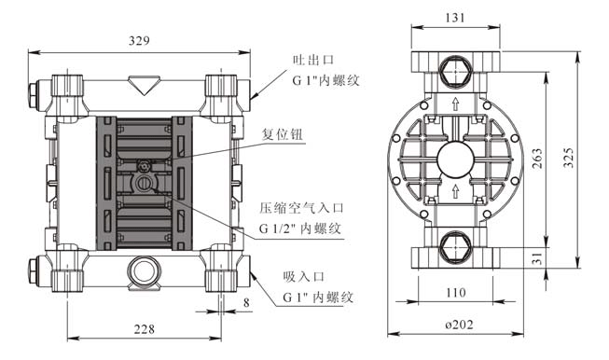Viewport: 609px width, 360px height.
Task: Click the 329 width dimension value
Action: click(x=139, y=41)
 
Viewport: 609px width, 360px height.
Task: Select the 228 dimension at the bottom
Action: click(x=145, y=329)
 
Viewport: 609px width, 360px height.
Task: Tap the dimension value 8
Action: click(x=246, y=302)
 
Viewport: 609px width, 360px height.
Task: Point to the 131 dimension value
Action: click(x=455, y=18)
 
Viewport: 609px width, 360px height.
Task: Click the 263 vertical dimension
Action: click(x=537, y=158)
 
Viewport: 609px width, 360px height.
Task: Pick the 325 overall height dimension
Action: click(x=568, y=158)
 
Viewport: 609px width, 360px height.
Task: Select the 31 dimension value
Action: click(x=537, y=258)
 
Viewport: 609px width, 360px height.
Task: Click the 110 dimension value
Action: click(x=455, y=292)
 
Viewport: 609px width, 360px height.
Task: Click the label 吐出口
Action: click(x=313, y=60)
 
